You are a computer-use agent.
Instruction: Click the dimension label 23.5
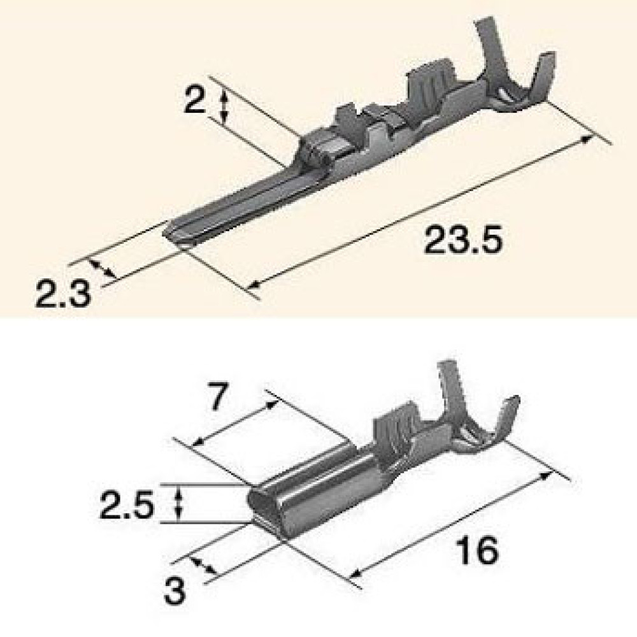[x=462, y=240]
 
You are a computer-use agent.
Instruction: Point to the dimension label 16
[x=476, y=550]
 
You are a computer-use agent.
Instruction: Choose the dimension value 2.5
[x=127, y=505]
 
